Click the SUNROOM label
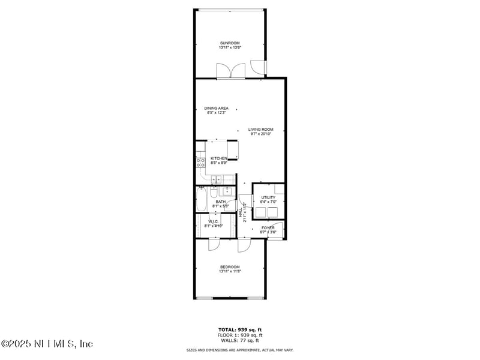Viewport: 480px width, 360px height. pos(230,43)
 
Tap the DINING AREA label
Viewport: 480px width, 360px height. pos(216,108)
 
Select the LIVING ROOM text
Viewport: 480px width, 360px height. pos(262,129)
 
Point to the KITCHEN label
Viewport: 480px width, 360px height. pos(218,158)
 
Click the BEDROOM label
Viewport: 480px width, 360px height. pos(230,267)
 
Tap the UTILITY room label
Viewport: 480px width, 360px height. pos(268,197)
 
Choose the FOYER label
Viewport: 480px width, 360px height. pos(268,228)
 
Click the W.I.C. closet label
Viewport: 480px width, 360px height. pos(214,221)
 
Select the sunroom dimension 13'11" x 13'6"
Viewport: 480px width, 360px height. pos(230,47)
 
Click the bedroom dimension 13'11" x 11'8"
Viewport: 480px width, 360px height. pos(230,272)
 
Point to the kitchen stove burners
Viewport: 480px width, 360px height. pos(200,162)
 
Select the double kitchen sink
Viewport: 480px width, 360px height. pos(217,179)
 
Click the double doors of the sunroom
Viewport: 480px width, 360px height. pos(232,72)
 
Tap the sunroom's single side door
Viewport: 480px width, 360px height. pos(257,67)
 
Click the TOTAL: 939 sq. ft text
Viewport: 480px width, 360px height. pos(239,330)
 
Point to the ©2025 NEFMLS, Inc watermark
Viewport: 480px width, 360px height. pos(47,344)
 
